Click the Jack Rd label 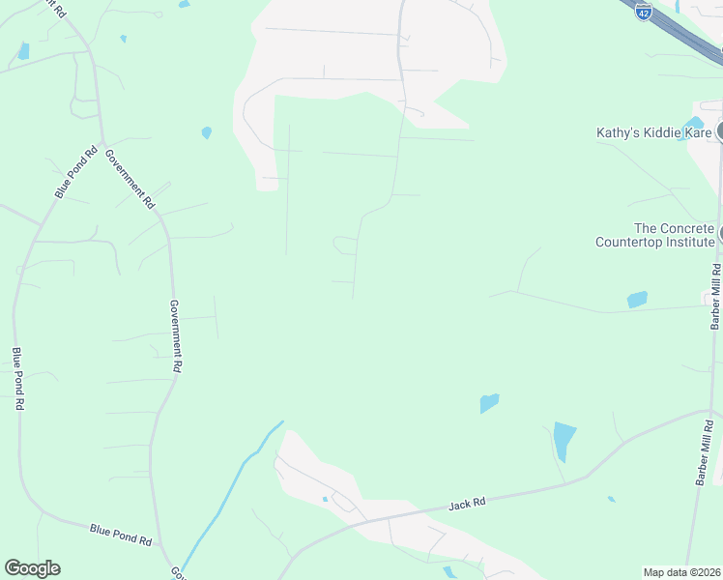click(466, 505)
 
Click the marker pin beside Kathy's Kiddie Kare click(719, 131)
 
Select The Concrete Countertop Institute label click(654, 235)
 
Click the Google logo click(32, 568)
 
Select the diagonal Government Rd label click(130, 180)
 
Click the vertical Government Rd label click(176, 336)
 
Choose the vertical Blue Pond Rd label click(16, 379)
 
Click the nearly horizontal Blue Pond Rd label click(121, 533)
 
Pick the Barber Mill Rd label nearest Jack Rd click(706, 451)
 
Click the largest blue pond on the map click(564, 441)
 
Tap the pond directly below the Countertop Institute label click(637, 300)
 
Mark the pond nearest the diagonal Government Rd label click(206, 132)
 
